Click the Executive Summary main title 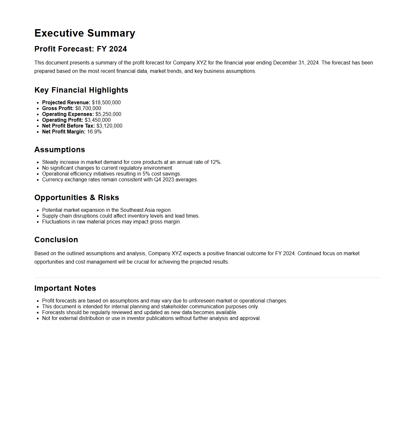pyautogui.click(x=85, y=33)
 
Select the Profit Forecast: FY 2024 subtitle pyautogui.click(x=81, y=49)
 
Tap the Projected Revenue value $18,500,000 pyautogui.click(x=106, y=103)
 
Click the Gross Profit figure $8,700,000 pyautogui.click(x=88, y=108)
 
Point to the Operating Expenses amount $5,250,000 pyautogui.click(x=108, y=114)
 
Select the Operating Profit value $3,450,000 pyautogui.click(x=98, y=120)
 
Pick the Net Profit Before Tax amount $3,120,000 pyautogui.click(x=109, y=126)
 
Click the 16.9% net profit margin pyautogui.click(x=94, y=132)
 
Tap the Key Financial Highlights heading pyautogui.click(x=81, y=90)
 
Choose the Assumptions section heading pyautogui.click(x=60, y=150)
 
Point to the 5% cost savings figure pyautogui.click(x=146, y=174)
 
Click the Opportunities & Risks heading pyautogui.click(x=77, y=198)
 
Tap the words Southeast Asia pyautogui.click(x=137, y=210)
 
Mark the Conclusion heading pyautogui.click(x=56, y=240)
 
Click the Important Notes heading pyautogui.click(x=65, y=288)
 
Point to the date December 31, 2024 pyautogui.click(x=296, y=63)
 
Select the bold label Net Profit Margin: pyautogui.click(x=64, y=132)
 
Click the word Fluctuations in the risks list pyautogui.click(x=56, y=222)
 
